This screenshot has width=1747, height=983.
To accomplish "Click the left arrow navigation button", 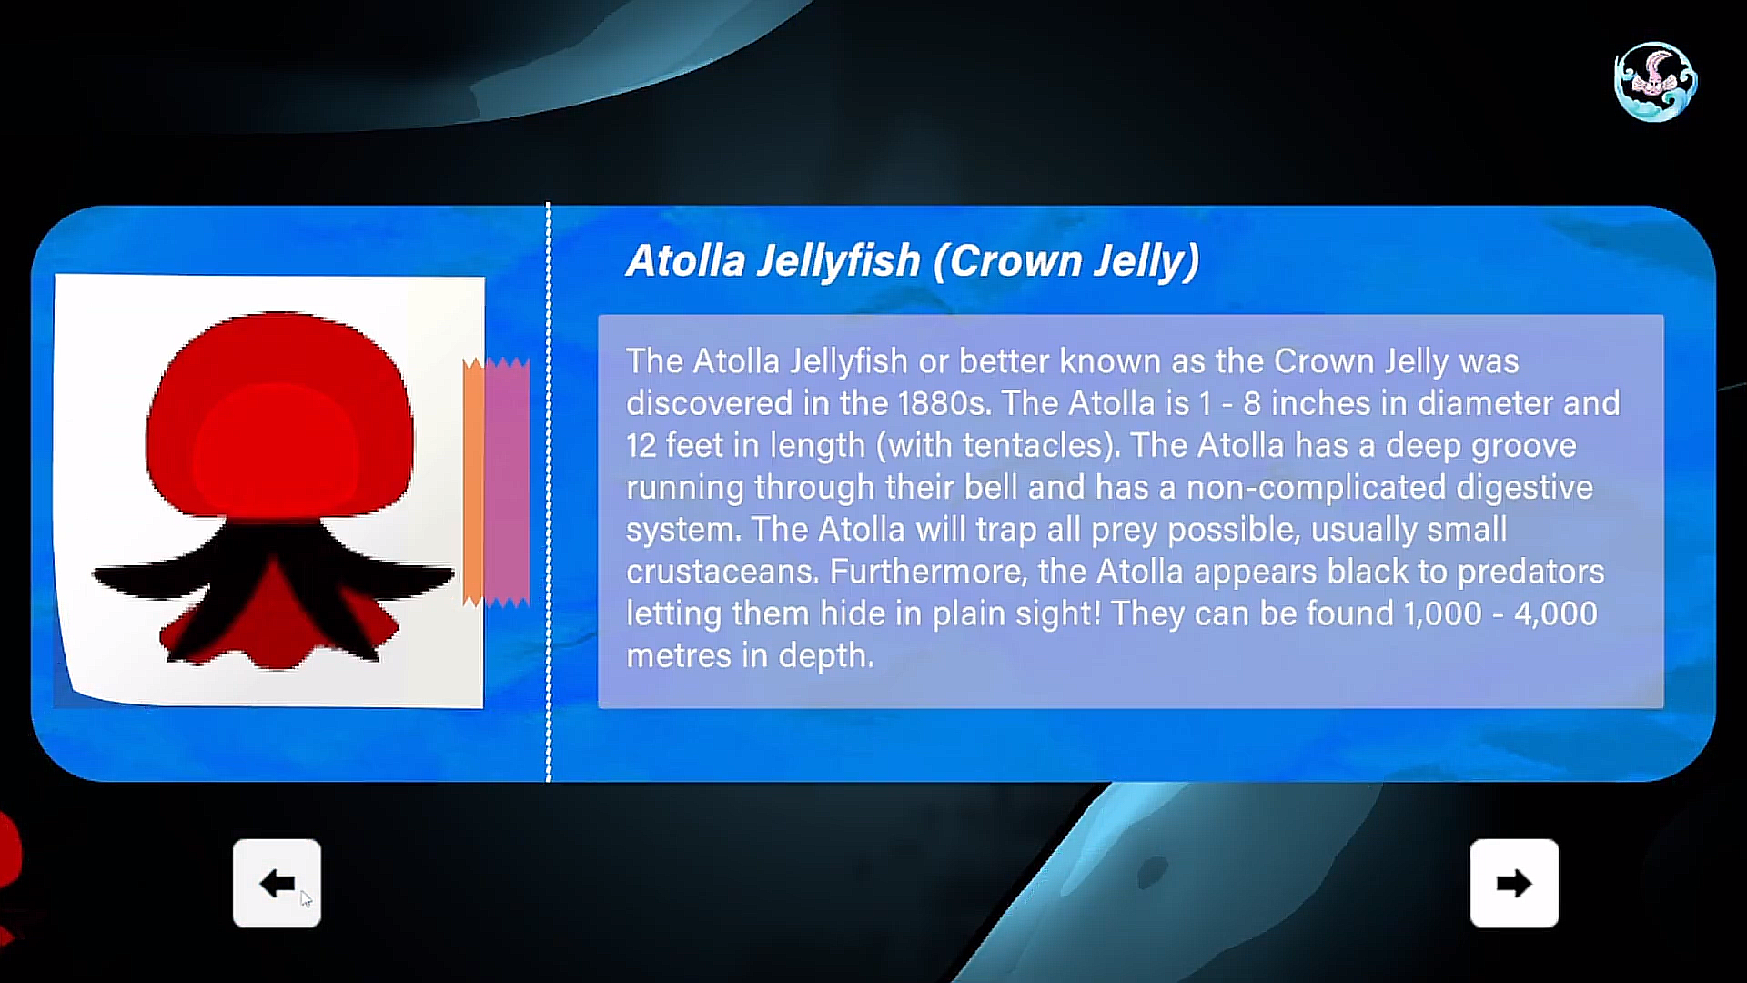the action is (277, 883).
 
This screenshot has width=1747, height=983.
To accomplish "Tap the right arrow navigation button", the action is (1514, 883).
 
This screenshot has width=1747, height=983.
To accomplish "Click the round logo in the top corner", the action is (1655, 81).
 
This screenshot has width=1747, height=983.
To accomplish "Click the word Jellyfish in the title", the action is (838, 262).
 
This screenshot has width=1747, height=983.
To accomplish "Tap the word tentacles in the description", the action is (1033, 445).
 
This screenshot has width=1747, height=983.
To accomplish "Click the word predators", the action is (1530, 572).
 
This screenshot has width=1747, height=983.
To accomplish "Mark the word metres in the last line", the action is (679, 655).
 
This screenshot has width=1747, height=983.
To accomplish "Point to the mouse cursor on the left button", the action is (306, 899).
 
